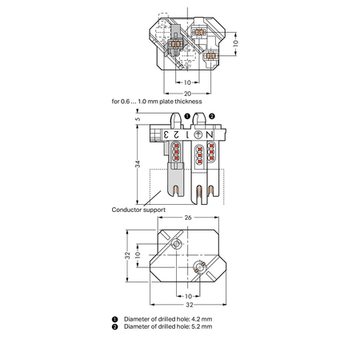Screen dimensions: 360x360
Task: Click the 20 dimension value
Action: [x=187, y=94]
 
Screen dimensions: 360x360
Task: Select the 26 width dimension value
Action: [x=188, y=218]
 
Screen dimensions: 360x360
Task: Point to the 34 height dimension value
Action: [x=138, y=164]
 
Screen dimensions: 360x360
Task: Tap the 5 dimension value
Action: [x=138, y=119]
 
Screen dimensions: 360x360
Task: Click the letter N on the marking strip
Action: [x=210, y=135]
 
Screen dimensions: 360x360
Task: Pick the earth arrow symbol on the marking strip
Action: [x=198, y=135]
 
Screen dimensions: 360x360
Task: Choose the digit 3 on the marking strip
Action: [x=166, y=134]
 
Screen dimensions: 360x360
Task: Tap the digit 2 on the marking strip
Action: [x=176, y=134]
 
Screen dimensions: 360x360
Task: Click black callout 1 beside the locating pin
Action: [x=187, y=116]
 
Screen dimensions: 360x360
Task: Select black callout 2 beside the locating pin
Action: [x=212, y=116]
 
